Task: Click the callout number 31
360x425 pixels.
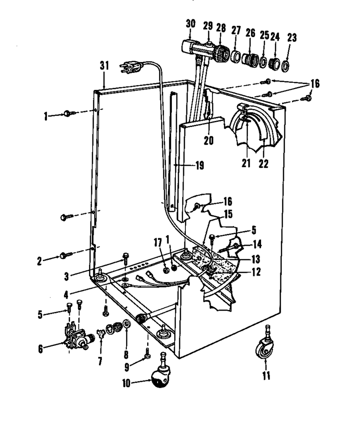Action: click(104, 65)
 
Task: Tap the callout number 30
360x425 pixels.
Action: click(190, 23)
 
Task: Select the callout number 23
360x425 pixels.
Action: click(292, 37)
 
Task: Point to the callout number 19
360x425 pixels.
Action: click(200, 165)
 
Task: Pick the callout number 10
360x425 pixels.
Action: click(126, 383)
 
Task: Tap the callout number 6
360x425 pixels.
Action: click(40, 349)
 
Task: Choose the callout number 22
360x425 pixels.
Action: click(263, 163)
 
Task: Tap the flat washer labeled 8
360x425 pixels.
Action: click(126, 324)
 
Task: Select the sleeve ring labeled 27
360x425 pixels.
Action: click(236, 56)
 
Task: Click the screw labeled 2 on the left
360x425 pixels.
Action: click(66, 255)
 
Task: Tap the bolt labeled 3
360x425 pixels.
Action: click(126, 259)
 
